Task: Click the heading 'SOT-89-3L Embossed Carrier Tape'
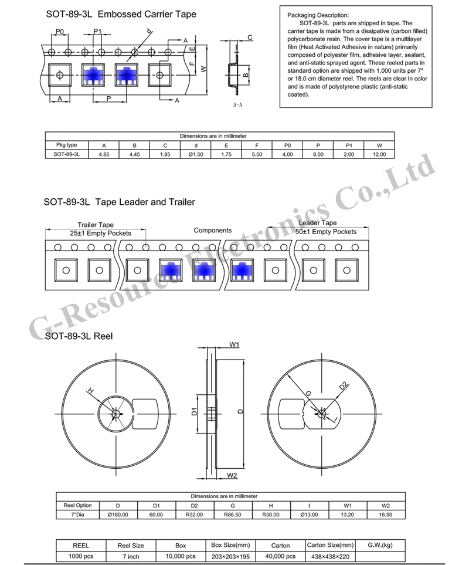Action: click(x=120, y=14)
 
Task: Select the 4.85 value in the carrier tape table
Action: click(x=104, y=154)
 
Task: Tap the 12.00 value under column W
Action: click(x=379, y=154)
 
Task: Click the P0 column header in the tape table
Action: click(x=287, y=145)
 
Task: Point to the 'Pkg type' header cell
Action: click(x=66, y=145)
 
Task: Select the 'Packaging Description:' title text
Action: click(x=317, y=15)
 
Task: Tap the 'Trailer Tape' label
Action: click(x=96, y=224)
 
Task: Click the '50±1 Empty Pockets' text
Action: click(x=326, y=232)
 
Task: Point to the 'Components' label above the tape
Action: click(x=212, y=231)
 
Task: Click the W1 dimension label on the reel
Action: click(x=234, y=345)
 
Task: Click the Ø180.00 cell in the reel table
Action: click(x=118, y=514)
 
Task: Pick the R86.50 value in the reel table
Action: click(x=233, y=514)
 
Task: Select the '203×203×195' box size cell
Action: click(x=230, y=555)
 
